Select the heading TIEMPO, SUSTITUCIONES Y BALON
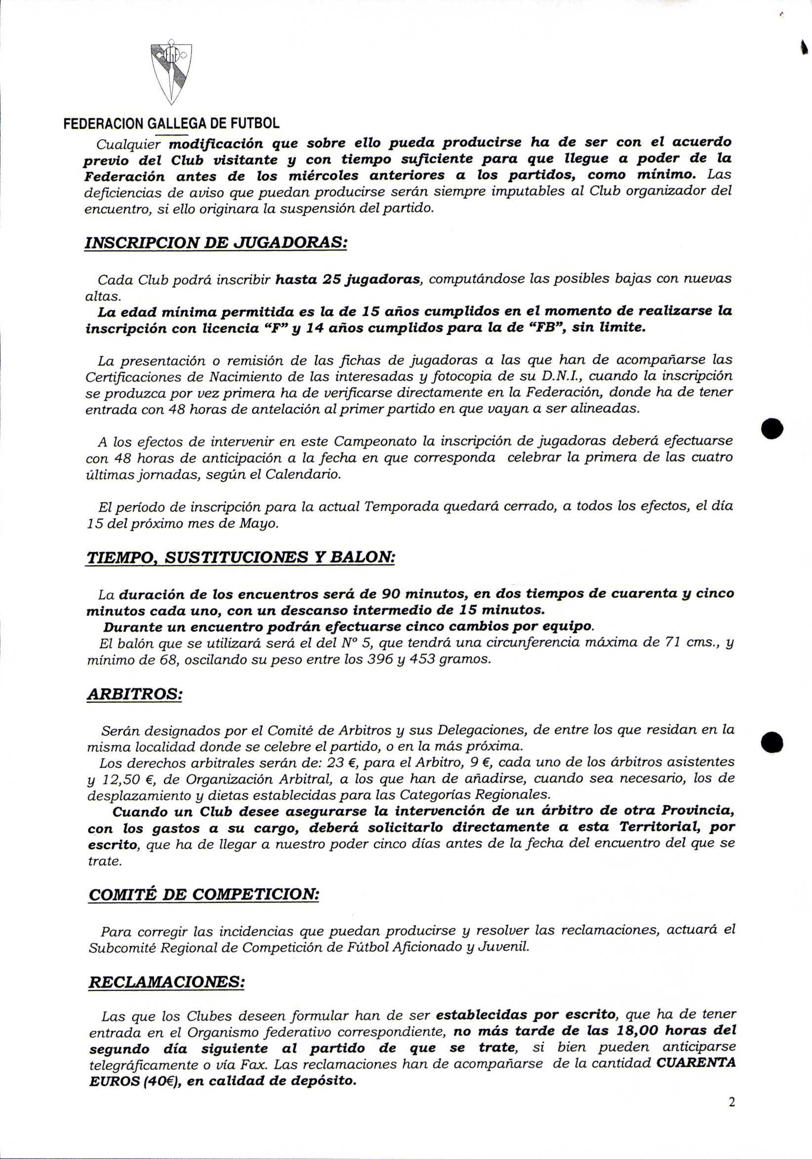click(x=241, y=557)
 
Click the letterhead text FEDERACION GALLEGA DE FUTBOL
click(x=171, y=123)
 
